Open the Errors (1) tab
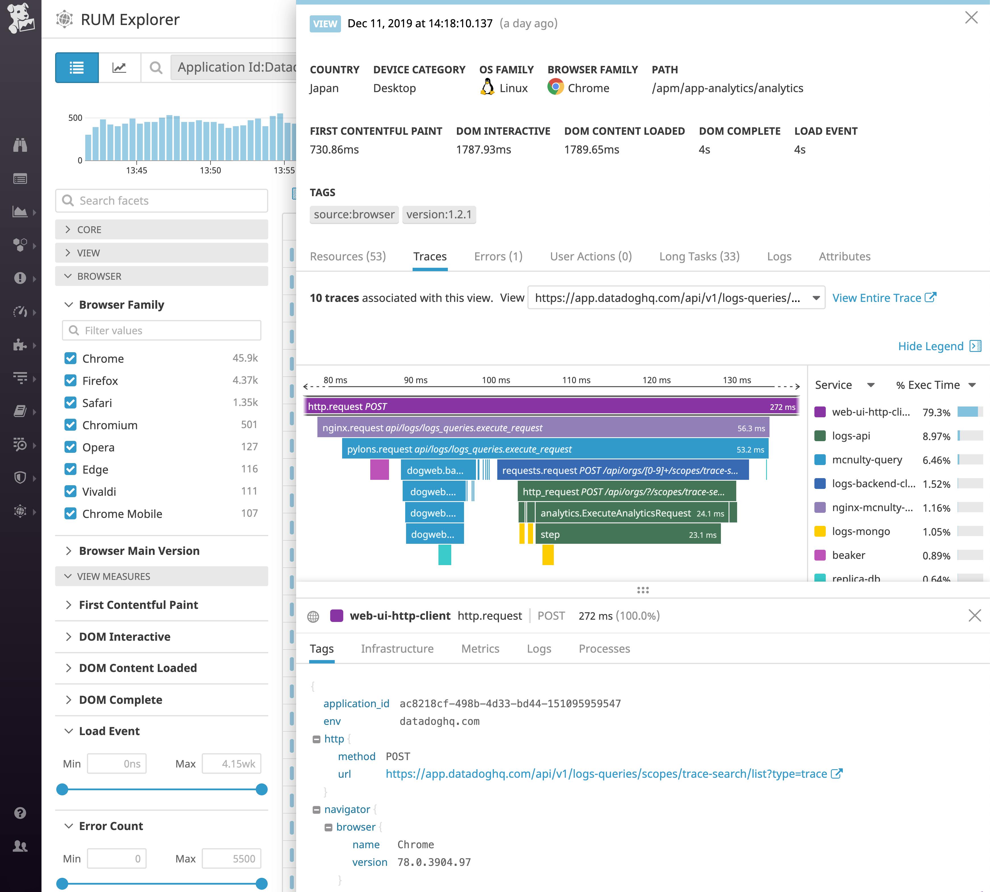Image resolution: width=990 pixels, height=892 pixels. click(x=498, y=256)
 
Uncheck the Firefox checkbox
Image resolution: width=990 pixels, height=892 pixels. click(x=70, y=380)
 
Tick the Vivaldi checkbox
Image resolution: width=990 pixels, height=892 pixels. click(x=70, y=491)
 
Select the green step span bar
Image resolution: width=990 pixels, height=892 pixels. click(x=627, y=535)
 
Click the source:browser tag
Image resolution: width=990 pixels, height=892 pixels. click(x=354, y=215)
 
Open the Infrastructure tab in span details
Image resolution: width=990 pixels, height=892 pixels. click(x=397, y=649)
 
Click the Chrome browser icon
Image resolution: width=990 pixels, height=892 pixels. click(x=555, y=87)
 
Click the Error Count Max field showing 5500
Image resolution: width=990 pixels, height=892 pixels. click(x=232, y=859)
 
